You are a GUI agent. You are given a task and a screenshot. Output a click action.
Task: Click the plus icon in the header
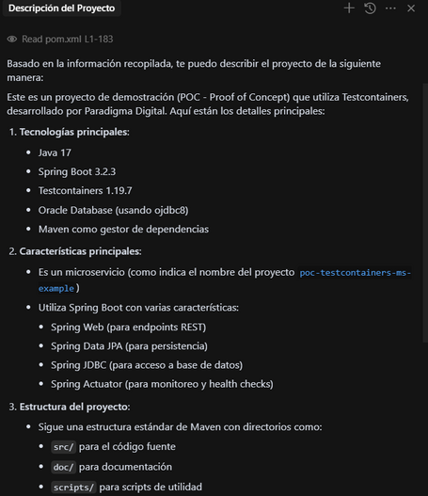pyautogui.click(x=350, y=8)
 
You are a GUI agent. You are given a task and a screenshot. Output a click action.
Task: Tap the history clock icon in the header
pyautogui.click(x=371, y=8)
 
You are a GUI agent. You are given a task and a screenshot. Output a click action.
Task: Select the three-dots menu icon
pyautogui.click(x=391, y=8)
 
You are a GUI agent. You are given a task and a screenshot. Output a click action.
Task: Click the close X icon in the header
pyautogui.click(x=412, y=8)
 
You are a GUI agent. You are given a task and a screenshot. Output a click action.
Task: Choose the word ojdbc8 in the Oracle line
pyautogui.click(x=191, y=210)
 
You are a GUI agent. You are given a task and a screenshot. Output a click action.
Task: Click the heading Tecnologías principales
pyautogui.click(x=74, y=131)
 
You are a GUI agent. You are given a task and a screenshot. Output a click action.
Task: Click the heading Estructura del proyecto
pyautogui.click(x=75, y=406)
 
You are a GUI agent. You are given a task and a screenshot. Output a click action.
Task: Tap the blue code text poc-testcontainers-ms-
pyautogui.click(x=355, y=272)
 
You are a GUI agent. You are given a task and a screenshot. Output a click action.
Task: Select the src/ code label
pyautogui.click(x=62, y=446)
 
